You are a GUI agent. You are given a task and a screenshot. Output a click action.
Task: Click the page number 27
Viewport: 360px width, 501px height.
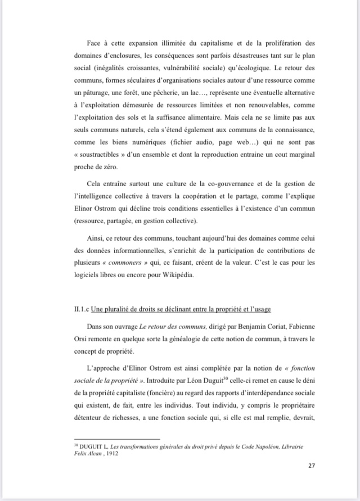click(312, 465)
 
